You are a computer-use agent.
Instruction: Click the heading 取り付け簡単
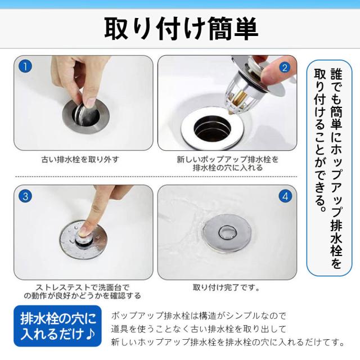[x=181, y=29]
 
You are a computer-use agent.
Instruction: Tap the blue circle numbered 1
[x=25, y=66]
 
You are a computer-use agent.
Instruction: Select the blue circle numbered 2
[x=285, y=67]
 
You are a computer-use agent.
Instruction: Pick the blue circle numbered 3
[x=25, y=196]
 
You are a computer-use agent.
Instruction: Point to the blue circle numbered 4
[x=285, y=196]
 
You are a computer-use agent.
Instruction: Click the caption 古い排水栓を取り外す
[x=80, y=159]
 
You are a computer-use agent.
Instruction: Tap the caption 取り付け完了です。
[x=226, y=287]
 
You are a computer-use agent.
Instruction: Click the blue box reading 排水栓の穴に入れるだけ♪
[x=57, y=326]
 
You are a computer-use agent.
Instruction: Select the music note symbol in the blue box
[x=90, y=334]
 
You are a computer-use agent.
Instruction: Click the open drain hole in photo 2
[x=212, y=129]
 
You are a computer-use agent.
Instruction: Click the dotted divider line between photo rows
[x=156, y=177]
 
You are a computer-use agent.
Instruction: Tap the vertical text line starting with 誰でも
[x=336, y=168]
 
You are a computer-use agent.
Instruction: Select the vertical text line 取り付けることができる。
[x=320, y=140]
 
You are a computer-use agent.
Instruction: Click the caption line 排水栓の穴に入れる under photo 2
[x=227, y=168]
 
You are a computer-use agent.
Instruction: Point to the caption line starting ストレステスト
[x=83, y=287]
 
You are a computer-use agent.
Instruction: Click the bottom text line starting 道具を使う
[x=199, y=329]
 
